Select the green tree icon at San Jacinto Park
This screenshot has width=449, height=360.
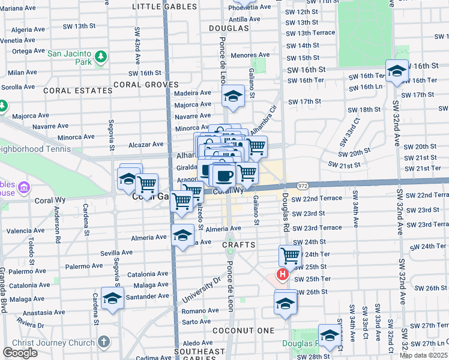[x=100, y=56]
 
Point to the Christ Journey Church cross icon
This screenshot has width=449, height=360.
[x=103, y=342]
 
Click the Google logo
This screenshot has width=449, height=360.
[x=20, y=353]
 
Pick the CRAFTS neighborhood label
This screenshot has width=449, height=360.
[x=239, y=245]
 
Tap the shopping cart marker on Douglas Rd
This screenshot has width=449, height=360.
[x=291, y=256]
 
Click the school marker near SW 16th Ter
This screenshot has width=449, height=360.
[x=397, y=72]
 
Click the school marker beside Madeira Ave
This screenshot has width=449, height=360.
[x=233, y=96]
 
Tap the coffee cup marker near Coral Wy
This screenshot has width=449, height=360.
[x=224, y=176]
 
